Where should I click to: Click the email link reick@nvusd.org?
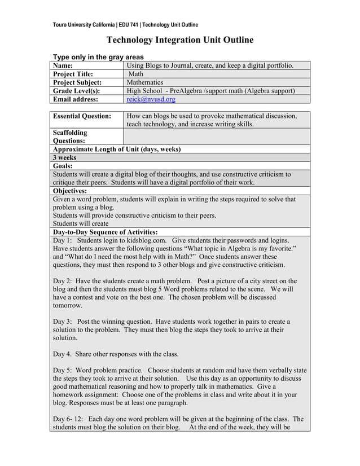151,99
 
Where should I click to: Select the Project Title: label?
73,74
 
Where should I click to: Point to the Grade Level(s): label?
76,91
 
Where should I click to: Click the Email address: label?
75,99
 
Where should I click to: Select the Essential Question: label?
81,116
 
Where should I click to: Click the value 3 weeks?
64,158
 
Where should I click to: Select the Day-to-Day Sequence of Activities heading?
105,232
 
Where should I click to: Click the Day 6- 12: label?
69,419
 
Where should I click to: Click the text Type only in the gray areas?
98,57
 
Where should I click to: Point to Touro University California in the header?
84,25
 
